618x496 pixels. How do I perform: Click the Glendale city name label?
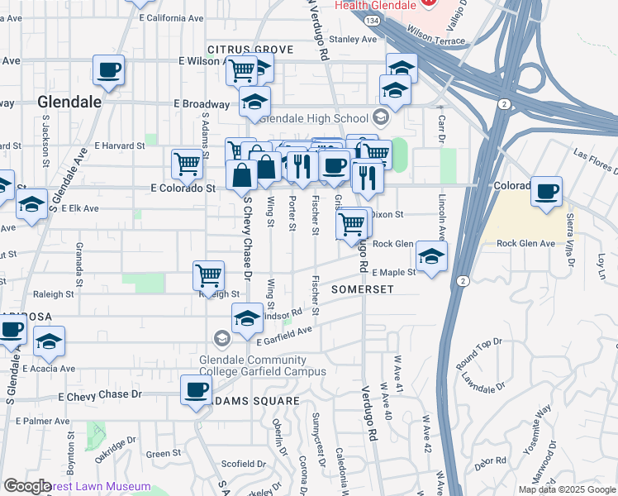(69, 102)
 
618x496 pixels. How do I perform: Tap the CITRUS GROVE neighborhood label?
(250, 50)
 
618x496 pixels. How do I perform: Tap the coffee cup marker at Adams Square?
(197, 390)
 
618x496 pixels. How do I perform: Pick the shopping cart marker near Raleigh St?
(208, 274)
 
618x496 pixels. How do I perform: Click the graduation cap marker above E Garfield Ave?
(247, 318)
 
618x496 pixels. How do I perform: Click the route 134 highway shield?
(373, 20)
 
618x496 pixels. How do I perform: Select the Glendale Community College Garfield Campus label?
(263, 365)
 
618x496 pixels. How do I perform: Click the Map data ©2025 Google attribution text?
(567, 489)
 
